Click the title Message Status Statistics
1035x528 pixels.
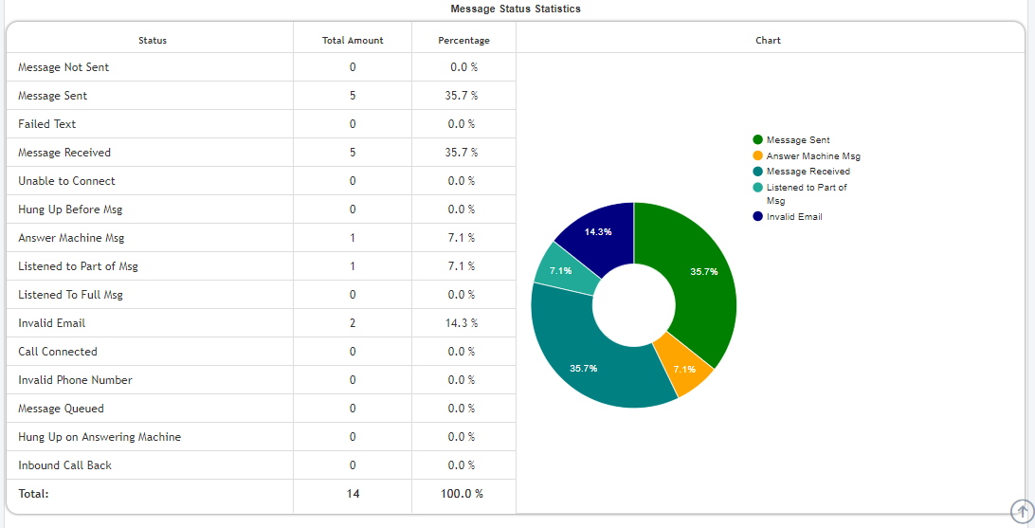(x=516, y=9)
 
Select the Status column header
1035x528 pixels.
(x=152, y=41)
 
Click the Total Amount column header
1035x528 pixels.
(x=353, y=41)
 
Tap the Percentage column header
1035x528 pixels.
(x=463, y=41)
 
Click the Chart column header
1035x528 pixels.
(x=768, y=41)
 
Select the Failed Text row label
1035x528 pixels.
(x=47, y=124)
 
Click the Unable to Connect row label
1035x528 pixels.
(x=66, y=181)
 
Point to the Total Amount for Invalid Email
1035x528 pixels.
(x=353, y=323)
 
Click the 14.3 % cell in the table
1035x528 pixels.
(x=463, y=323)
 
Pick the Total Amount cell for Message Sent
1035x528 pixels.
(x=353, y=96)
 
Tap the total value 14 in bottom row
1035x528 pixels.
(x=353, y=494)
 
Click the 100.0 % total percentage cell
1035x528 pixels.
(x=463, y=494)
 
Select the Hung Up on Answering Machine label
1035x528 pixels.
(x=100, y=437)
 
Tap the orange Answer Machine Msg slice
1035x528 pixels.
(x=686, y=366)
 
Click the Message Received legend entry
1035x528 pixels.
(x=808, y=172)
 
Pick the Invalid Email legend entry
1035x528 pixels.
(x=793, y=217)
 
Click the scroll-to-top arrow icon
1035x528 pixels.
(x=1022, y=510)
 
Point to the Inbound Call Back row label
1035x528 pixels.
(x=64, y=465)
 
